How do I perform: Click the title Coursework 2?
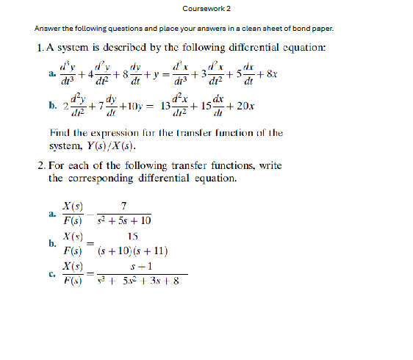[206, 8]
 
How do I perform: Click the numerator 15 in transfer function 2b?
[133, 236]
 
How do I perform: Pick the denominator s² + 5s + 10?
[124, 220]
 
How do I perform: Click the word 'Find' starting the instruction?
[60, 133]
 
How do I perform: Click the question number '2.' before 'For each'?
[42, 166]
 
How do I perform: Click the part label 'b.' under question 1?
[51, 106]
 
